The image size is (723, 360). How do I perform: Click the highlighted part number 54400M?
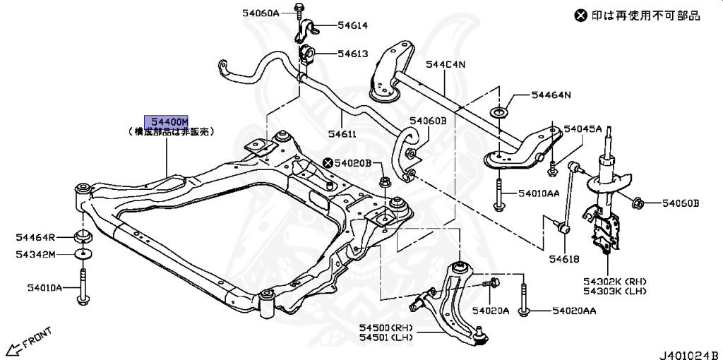pyautogui.click(x=167, y=121)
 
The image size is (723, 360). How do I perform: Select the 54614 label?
pyautogui.click(x=352, y=25)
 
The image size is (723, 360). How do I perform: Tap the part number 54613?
pyautogui.click(x=352, y=53)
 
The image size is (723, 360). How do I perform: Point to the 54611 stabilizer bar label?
pyautogui.click(x=342, y=133)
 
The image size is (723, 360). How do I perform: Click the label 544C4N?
pyautogui.click(x=445, y=65)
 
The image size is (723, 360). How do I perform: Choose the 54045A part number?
pyautogui.click(x=582, y=129)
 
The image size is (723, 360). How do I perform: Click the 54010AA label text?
pyautogui.click(x=539, y=193)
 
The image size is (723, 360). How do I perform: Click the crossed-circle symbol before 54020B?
pyautogui.click(x=329, y=163)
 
